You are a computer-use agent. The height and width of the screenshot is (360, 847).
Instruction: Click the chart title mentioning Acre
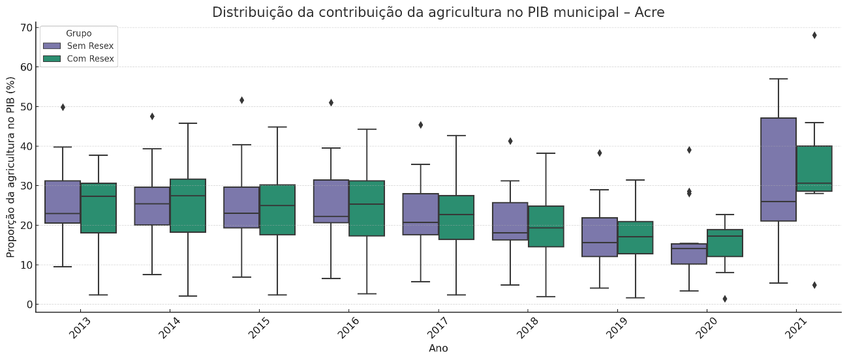(438, 12)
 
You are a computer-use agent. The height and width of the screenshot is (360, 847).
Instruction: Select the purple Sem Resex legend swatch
(52, 46)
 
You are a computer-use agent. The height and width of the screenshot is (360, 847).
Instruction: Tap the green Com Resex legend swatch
(52, 59)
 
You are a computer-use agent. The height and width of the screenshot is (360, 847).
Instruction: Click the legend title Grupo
(78, 33)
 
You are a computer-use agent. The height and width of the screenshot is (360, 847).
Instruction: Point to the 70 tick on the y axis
(26, 27)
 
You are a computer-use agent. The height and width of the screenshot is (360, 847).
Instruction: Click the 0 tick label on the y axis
(29, 305)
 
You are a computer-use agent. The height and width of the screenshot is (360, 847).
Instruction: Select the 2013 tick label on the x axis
(79, 327)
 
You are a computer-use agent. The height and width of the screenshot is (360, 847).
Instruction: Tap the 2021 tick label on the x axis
(795, 327)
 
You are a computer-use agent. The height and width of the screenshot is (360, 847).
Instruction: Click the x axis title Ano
(438, 348)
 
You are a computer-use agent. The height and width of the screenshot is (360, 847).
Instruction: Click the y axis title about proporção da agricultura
(11, 166)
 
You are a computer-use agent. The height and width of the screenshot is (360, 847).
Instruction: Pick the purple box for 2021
(778, 170)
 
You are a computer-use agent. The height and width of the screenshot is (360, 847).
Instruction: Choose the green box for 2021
(814, 168)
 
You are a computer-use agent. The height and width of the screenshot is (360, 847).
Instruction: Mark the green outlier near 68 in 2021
(814, 35)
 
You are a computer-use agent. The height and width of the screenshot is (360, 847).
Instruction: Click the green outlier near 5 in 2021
(814, 285)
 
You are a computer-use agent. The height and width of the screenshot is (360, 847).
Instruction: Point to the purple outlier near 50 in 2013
(63, 107)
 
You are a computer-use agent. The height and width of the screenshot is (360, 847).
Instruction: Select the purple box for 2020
(688, 254)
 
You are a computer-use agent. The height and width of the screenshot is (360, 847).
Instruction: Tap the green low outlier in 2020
(725, 299)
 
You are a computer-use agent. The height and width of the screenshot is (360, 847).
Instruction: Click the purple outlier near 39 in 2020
(689, 150)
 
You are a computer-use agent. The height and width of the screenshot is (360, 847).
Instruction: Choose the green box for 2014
(187, 205)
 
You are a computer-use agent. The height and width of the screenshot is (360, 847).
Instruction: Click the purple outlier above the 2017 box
(420, 125)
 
